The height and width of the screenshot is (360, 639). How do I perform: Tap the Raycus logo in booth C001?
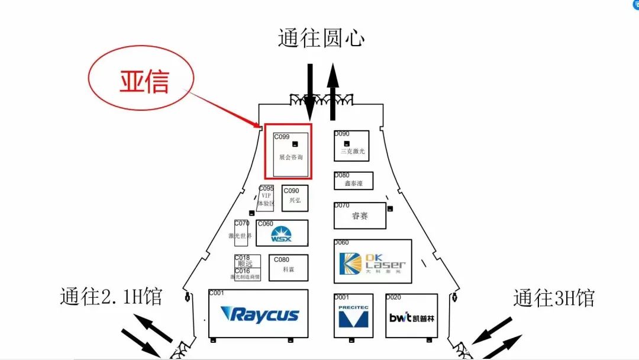point(259,314)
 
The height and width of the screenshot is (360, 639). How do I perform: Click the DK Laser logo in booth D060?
point(372,263)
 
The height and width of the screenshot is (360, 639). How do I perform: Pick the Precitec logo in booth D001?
point(353,316)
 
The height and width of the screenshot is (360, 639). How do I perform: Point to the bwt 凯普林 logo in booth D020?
point(412,318)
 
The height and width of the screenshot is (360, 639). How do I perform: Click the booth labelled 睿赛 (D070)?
point(360,216)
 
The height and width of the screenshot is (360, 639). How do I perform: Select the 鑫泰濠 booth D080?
point(353,183)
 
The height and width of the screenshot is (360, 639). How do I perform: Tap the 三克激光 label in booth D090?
point(353,152)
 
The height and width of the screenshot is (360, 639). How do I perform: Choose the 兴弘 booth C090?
point(295,199)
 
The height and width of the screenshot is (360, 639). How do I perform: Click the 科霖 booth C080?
point(288,269)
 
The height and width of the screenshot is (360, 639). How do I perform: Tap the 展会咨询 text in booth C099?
point(291,157)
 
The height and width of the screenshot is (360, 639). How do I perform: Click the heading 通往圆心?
point(321,38)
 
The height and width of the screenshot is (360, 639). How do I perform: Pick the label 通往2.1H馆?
point(111,297)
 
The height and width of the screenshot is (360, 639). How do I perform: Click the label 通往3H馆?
point(553,298)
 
